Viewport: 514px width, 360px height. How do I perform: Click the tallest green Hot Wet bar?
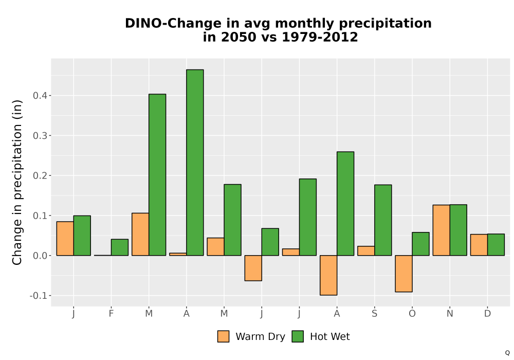pyautogui.click(x=195, y=163)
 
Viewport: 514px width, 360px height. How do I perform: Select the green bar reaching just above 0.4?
pyautogui.click(x=157, y=175)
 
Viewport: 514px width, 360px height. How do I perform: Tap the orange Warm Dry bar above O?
pyautogui.click(x=403, y=274)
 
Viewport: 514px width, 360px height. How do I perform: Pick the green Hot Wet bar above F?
pyautogui.click(x=120, y=247)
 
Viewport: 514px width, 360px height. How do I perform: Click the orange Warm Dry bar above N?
pyautogui.click(x=441, y=230)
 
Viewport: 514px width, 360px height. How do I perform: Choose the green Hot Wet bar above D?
pyautogui.click(x=496, y=245)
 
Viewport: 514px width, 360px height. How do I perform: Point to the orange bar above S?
pyautogui.click(x=366, y=251)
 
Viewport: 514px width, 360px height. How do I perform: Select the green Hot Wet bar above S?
pyautogui.click(x=383, y=220)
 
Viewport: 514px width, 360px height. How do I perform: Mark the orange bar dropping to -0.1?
pyautogui.click(x=328, y=275)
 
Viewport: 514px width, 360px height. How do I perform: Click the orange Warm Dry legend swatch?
pyautogui.click(x=223, y=336)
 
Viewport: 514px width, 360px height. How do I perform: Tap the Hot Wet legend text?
pyautogui.click(x=330, y=337)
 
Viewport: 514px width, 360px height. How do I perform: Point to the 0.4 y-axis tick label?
pyautogui.click(x=41, y=96)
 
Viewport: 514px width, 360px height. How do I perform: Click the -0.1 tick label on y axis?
pyautogui.click(x=39, y=296)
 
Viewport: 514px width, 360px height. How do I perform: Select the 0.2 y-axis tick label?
pyautogui.click(x=41, y=175)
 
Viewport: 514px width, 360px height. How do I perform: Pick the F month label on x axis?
pyautogui.click(x=111, y=314)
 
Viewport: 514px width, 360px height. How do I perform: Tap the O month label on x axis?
pyautogui.click(x=412, y=314)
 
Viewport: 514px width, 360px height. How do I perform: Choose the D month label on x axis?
pyautogui.click(x=487, y=314)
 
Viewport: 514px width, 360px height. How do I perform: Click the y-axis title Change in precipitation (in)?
pyautogui.click(x=17, y=182)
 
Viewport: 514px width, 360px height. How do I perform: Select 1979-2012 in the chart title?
pyautogui.click(x=320, y=37)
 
